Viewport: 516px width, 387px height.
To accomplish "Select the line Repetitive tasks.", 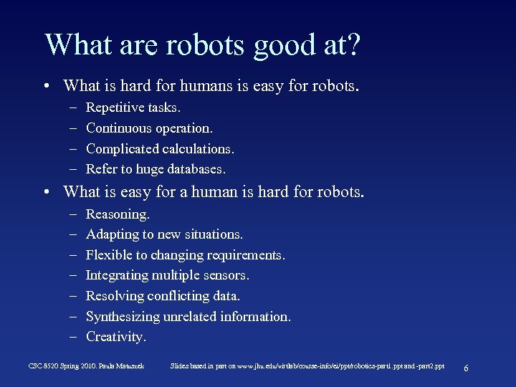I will [x=133, y=107].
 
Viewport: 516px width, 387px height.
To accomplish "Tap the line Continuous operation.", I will [x=149, y=128].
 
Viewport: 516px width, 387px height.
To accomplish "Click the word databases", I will [x=197, y=170].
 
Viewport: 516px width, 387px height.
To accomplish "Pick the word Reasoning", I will [x=118, y=214].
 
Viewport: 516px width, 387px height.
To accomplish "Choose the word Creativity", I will [x=115, y=337].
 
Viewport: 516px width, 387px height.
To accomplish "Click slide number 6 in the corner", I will [x=467, y=368].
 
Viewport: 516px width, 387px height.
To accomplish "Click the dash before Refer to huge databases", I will [x=74, y=170].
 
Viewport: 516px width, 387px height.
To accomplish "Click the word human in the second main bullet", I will [x=195, y=192].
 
